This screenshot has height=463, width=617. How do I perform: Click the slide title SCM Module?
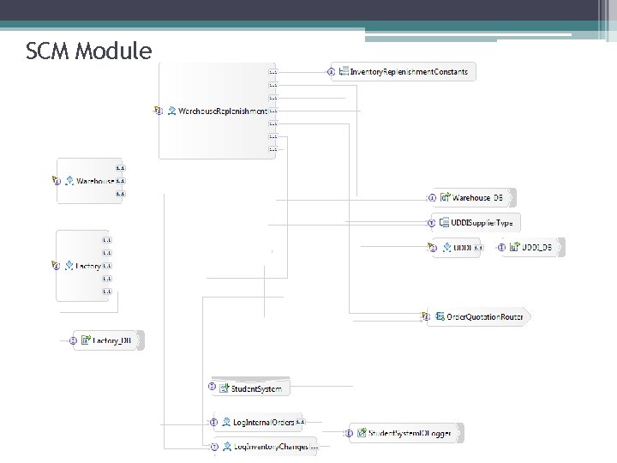point(89,52)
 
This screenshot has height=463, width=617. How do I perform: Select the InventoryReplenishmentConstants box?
point(408,72)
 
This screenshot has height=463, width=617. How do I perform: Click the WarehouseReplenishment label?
point(222,111)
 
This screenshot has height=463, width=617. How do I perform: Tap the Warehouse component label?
point(95,181)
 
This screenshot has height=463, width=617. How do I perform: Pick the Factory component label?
point(88,267)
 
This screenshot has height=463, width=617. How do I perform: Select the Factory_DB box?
point(111,340)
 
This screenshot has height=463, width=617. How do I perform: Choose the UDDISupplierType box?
point(480,223)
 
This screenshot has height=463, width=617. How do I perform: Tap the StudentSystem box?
point(255,388)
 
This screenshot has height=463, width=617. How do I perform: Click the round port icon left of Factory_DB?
point(74,340)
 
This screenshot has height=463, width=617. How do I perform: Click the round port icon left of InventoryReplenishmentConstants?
point(331,72)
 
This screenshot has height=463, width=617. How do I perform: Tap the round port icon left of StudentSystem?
point(213,388)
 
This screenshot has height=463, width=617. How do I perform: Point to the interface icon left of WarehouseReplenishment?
point(159,111)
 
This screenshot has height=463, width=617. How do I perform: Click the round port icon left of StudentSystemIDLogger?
point(350,434)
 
